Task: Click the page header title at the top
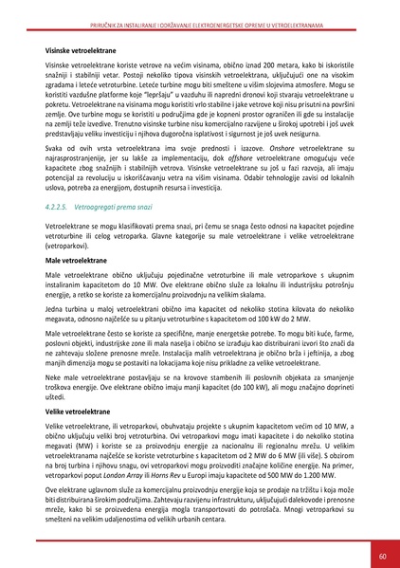[x=199, y=9]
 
